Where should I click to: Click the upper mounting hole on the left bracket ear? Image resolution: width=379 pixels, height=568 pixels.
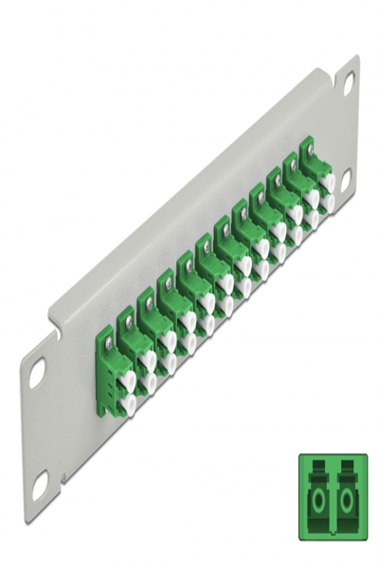(x=37, y=372)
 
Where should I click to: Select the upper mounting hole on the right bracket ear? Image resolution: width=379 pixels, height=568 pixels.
(x=349, y=83)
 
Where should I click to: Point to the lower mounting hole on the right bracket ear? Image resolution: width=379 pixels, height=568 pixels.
(x=346, y=177)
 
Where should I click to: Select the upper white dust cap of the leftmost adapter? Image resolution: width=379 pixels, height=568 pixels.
(x=127, y=379)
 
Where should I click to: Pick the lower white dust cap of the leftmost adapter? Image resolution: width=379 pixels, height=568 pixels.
(x=127, y=404)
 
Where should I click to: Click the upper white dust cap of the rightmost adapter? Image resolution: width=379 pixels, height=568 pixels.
(x=328, y=180)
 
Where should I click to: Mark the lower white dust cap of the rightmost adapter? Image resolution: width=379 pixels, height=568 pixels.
(x=328, y=202)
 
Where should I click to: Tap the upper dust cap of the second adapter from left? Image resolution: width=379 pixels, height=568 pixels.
(x=148, y=360)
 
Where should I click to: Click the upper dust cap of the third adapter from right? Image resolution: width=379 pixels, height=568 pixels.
(x=295, y=214)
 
